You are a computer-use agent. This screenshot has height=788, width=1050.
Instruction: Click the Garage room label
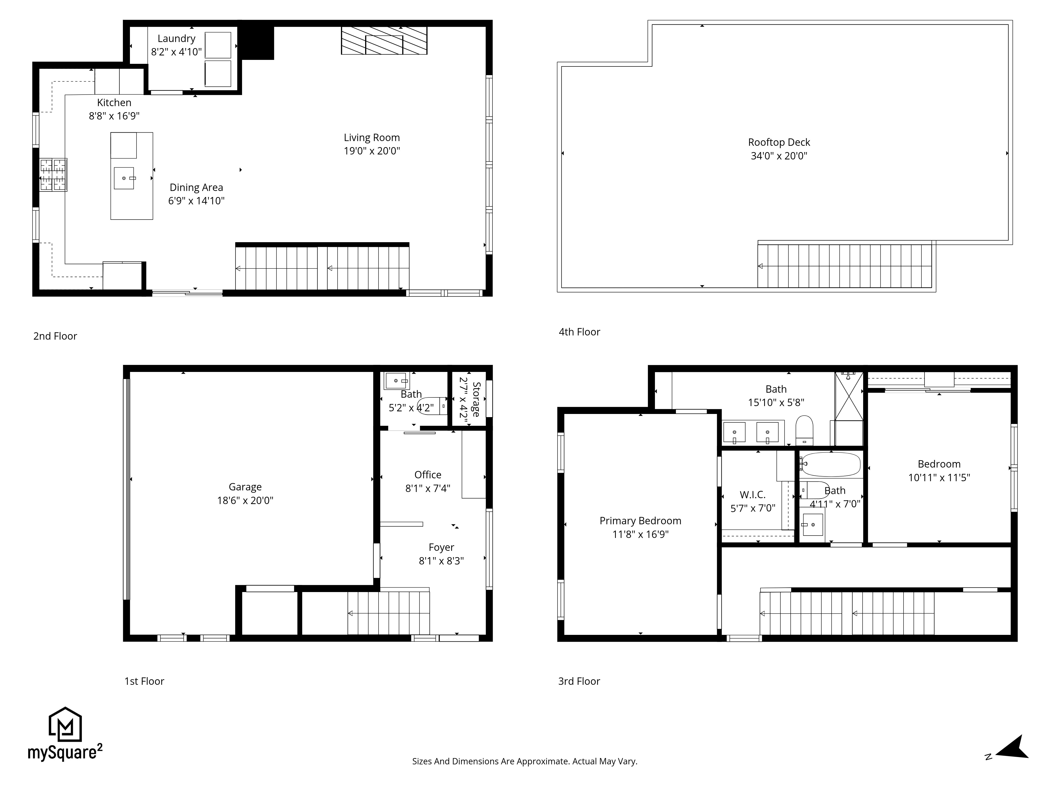(x=245, y=487)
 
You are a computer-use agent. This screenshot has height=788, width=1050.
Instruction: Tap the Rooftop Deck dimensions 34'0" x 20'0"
(x=779, y=156)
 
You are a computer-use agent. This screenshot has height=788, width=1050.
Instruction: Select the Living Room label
(x=372, y=138)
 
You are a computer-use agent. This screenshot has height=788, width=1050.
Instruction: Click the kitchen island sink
(x=124, y=178)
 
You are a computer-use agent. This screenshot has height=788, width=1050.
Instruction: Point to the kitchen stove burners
(x=53, y=175)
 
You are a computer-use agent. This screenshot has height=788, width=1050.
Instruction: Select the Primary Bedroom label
(x=640, y=521)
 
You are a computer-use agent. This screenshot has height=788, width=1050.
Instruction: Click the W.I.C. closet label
(x=752, y=495)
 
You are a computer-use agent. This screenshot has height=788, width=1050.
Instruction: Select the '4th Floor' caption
(x=579, y=332)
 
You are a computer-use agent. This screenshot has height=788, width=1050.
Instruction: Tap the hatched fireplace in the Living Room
(x=384, y=40)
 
